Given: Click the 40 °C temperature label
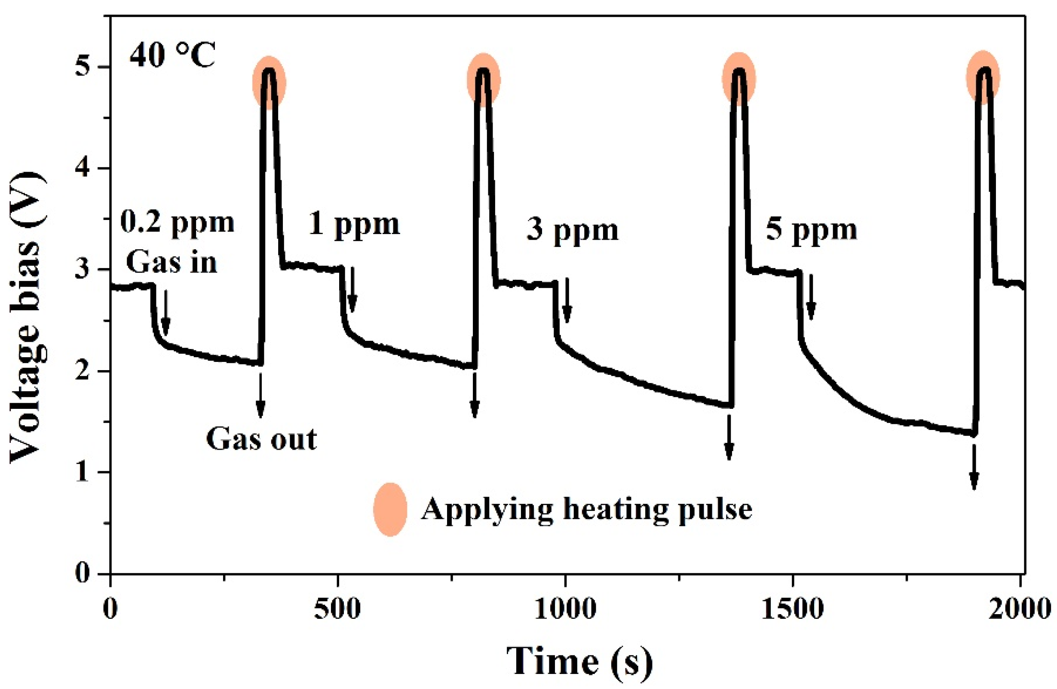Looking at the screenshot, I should [x=172, y=56].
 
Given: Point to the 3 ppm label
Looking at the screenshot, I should [x=573, y=231].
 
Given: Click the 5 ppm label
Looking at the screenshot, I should [x=811, y=231].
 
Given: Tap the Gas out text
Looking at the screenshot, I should [x=261, y=439].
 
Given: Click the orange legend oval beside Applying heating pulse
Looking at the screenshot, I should [x=390, y=510].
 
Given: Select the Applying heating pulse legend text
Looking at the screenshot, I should [x=586, y=510].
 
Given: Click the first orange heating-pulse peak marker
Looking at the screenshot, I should [x=269, y=83].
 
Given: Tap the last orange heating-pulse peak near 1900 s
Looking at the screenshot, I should [x=983, y=78].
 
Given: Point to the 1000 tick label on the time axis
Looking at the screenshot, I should [x=564, y=609].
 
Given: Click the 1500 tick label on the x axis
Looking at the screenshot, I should [x=792, y=609].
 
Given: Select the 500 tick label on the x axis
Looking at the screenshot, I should [x=337, y=609].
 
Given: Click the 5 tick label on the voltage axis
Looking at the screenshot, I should [x=83, y=68].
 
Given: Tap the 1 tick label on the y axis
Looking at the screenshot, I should [x=83, y=473].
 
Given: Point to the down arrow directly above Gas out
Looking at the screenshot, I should [x=260, y=395].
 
